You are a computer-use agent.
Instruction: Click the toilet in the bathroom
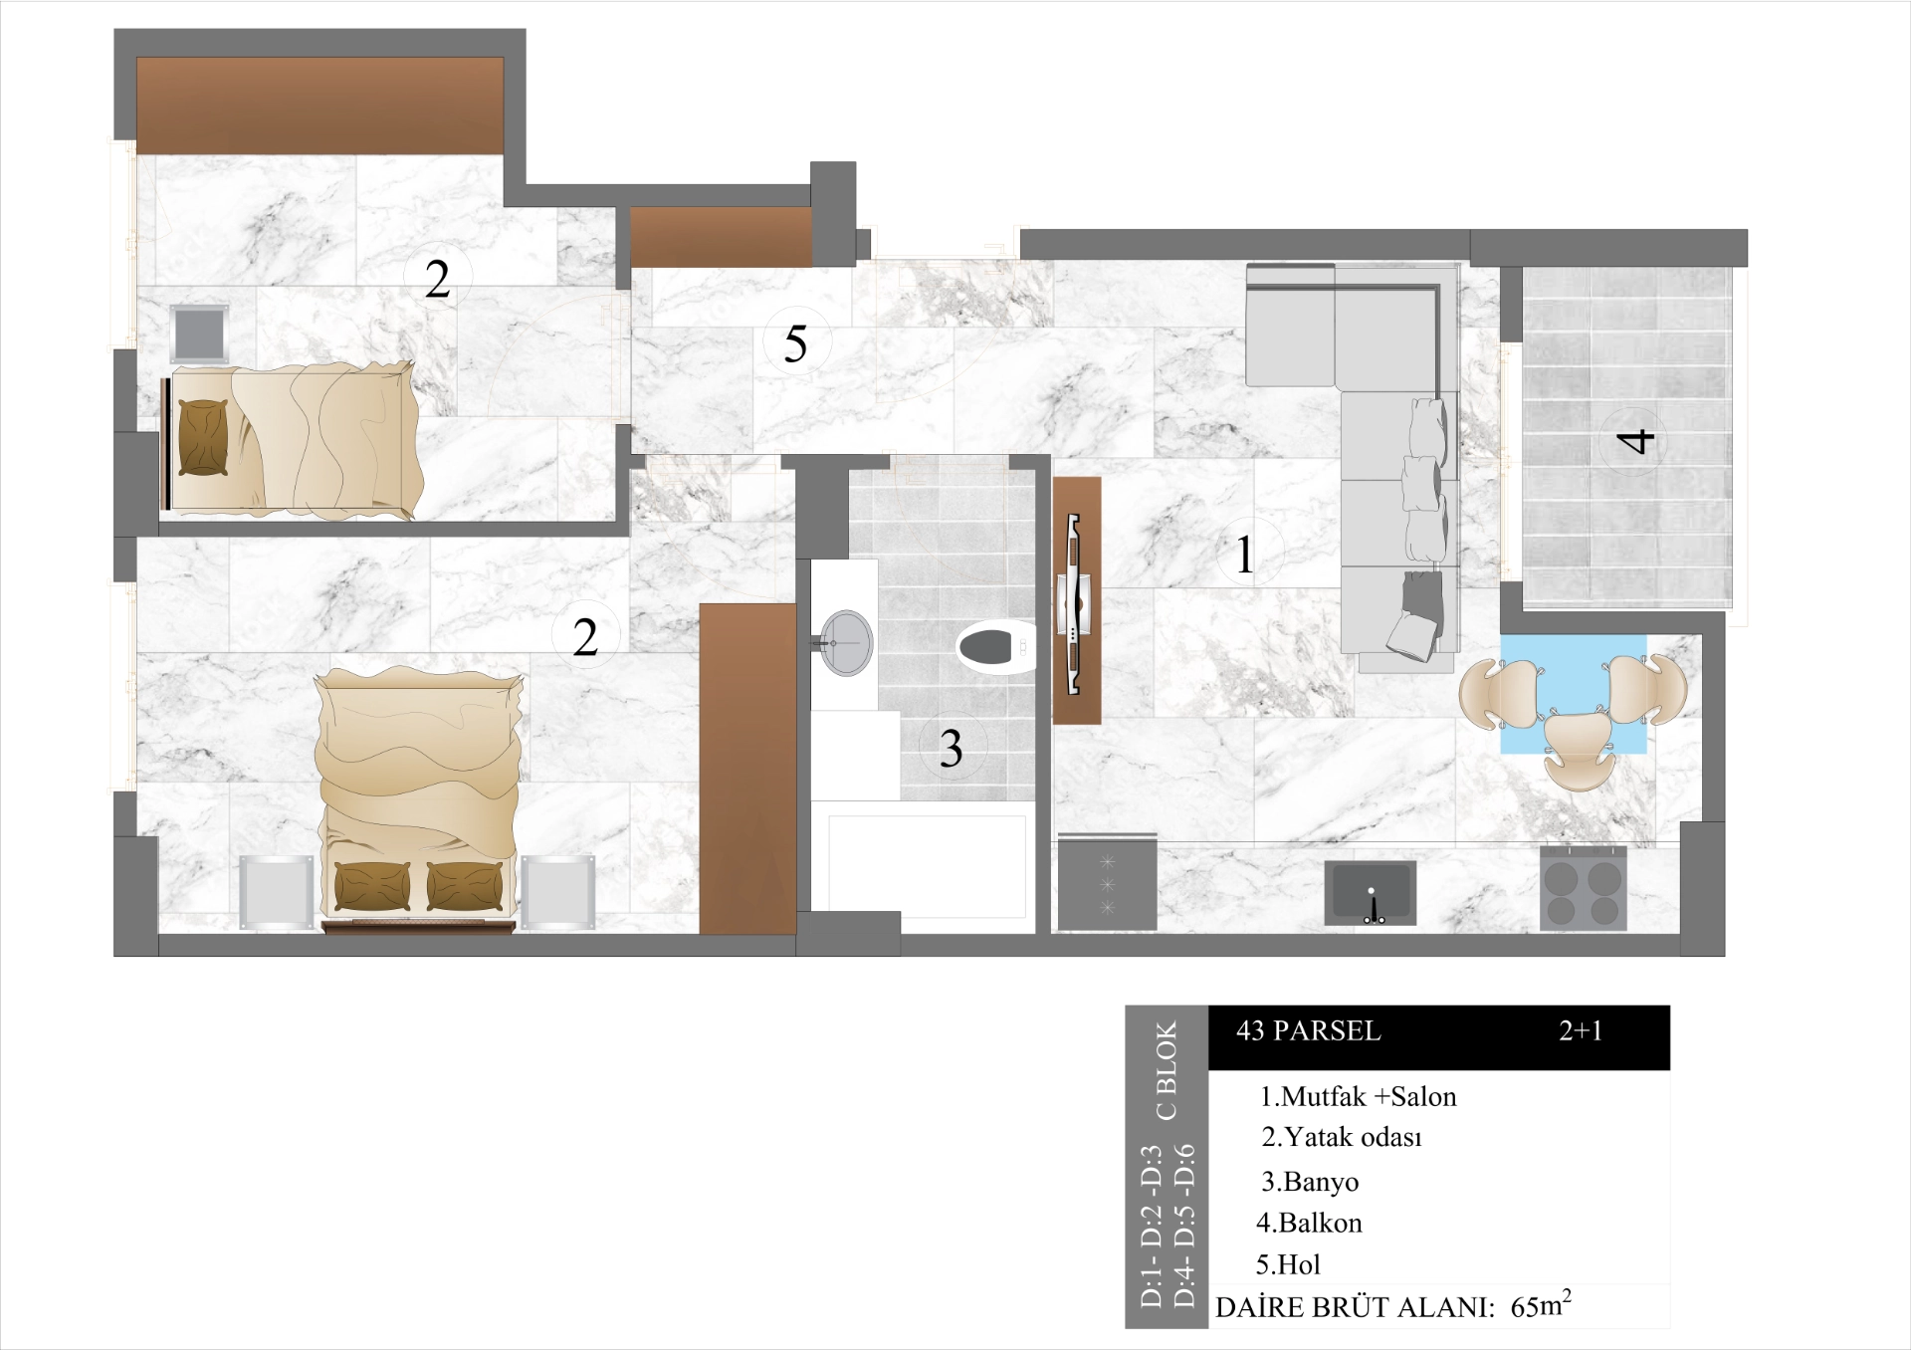click(994, 648)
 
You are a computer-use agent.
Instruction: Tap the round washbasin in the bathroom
click(847, 643)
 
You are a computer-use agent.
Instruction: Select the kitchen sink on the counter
click(1371, 892)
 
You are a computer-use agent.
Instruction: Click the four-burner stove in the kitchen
click(1583, 889)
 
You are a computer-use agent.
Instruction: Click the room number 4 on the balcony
click(1633, 440)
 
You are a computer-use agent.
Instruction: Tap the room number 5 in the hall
click(795, 344)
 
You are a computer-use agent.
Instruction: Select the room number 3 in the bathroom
click(951, 749)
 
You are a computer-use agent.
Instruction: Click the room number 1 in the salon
click(1245, 555)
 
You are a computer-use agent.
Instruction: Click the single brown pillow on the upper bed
click(203, 438)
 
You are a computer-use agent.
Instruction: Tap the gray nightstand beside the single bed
click(199, 334)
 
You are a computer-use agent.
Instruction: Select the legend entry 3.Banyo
click(1310, 1182)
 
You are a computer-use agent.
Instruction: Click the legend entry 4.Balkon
click(1309, 1223)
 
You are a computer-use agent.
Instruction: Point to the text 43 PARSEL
click(1308, 1031)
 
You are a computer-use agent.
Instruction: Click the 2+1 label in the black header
click(1581, 1031)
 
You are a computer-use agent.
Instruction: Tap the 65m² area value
click(1540, 1305)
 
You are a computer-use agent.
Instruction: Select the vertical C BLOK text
click(1167, 1070)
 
